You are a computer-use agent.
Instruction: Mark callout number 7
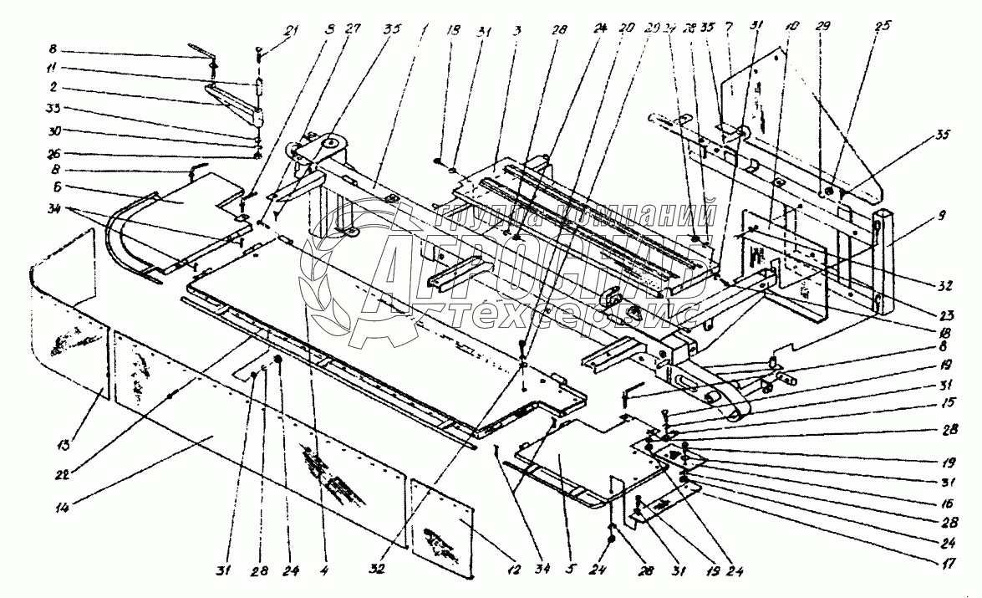729,27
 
